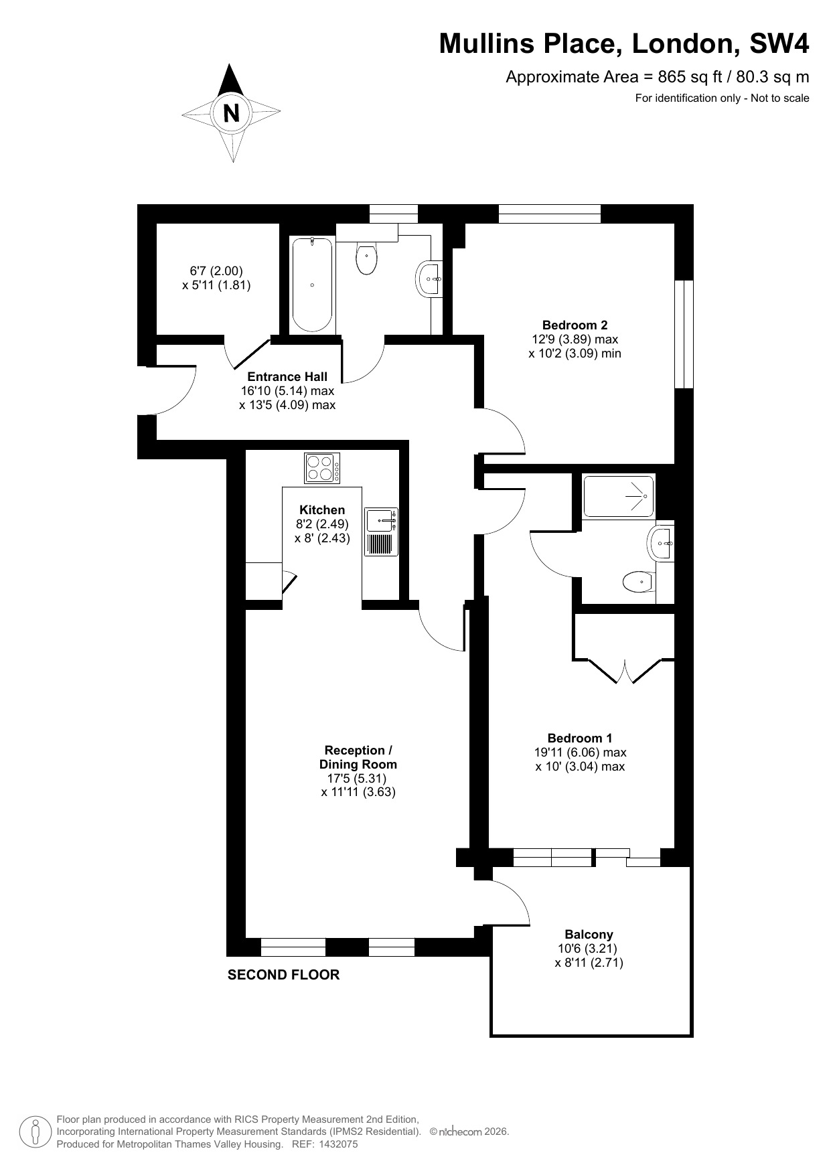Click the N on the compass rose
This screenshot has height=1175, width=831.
(231, 113)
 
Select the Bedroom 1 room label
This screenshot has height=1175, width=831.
(579, 738)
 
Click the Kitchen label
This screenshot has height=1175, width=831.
(322, 510)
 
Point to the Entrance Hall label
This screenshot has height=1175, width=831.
(287, 377)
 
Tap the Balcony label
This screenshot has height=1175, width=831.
(589, 935)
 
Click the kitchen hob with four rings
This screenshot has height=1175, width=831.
(322, 468)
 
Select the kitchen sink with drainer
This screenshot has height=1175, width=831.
(382, 532)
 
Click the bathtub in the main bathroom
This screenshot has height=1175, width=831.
(312, 285)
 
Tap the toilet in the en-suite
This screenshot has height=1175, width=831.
(638, 582)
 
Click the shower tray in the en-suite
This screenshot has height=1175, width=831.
(618, 496)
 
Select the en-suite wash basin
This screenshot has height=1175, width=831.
(660, 542)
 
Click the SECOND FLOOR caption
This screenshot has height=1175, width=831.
(283, 975)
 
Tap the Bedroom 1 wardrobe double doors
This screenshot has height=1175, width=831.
(624, 672)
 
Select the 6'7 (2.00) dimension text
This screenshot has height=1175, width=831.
(216, 271)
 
